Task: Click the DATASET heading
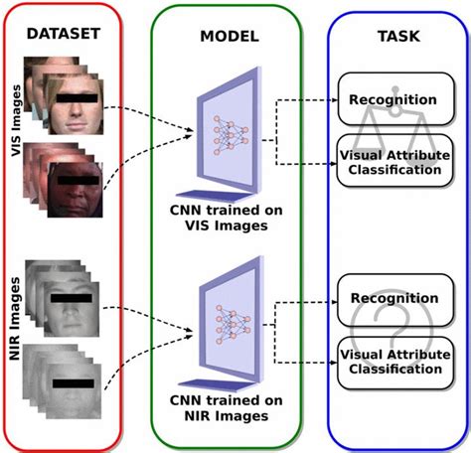pos(63,34)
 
